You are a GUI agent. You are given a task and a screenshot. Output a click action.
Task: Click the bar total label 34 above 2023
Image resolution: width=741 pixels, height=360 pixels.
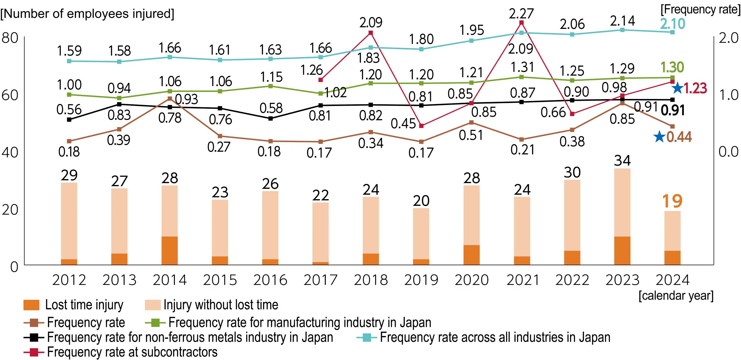pyautogui.click(x=622, y=161)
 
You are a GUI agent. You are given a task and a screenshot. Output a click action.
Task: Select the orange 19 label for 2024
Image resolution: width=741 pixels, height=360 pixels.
pyautogui.click(x=672, y=201)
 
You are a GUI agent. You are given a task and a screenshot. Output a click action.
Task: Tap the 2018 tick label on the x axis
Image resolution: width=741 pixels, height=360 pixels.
pyautogui.click(x=371, y=280)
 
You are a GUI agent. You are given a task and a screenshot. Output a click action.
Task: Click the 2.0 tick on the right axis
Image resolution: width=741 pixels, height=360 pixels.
pyautogui.click(x=729, y=38)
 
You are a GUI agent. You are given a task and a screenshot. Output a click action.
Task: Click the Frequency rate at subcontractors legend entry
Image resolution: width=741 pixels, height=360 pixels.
pyautogui.click(x=121, y=352)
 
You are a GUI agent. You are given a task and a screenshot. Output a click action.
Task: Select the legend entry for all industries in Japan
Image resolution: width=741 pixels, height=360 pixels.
pyautogui.click(x=483, y=337)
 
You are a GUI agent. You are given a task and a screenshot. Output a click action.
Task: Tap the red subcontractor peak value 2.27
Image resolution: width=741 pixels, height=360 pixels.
pyautogui.click(x=521, y=14)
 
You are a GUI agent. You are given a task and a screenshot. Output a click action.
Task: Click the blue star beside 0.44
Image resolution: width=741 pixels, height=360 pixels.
pyautogui.click(x=659, y=137)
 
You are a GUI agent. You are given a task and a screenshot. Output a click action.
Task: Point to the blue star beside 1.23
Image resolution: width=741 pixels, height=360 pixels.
pyautogui.click(x=678, y=88)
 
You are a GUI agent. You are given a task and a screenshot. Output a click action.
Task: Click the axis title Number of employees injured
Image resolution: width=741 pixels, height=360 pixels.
pyautogui.click(x=87, y=14)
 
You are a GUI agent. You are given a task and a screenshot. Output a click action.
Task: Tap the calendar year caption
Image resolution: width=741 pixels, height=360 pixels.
pyautogui.click(x=676, y=296)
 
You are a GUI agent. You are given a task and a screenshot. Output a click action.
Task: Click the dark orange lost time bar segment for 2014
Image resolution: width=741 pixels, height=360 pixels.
pyautogui.click(x=170, y=250)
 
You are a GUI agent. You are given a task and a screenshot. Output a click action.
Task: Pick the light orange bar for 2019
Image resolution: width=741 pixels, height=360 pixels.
pyautogui.click(x=421, y=233)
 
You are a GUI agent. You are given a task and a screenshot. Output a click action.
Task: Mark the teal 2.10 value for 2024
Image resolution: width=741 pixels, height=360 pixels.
pyautogui.click(x=673, y=24)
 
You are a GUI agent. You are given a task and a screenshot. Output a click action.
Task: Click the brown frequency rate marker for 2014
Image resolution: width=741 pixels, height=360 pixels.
pyautogui.click(x=170, y=99)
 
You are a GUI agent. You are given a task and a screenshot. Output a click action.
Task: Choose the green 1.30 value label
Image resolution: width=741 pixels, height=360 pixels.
pyautogui.click(x=672, y=67)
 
